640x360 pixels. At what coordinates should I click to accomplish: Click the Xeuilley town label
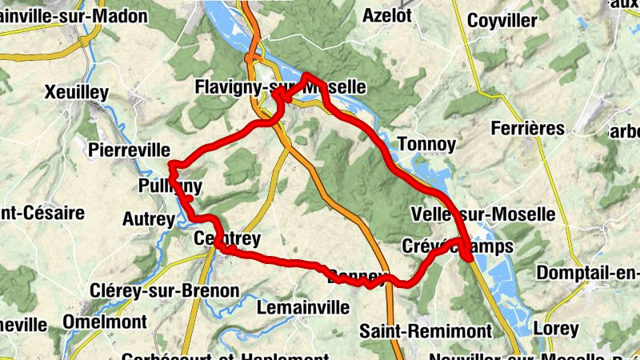point(77,93)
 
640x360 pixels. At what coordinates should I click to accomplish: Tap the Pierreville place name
point(130,150)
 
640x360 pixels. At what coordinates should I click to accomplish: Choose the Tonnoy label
point(426,145)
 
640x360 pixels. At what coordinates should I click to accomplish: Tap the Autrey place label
point(148,218)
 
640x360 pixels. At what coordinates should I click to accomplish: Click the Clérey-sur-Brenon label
point(165,290)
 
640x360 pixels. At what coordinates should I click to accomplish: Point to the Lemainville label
point(303,306)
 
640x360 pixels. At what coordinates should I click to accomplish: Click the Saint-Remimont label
point(425,330)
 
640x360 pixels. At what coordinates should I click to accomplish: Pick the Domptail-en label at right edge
point(587,273)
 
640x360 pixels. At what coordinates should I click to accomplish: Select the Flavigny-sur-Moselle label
point(280,86)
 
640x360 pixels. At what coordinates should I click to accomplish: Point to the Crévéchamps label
point(458,246)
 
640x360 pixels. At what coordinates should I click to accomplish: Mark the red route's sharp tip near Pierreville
point(171,165)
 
